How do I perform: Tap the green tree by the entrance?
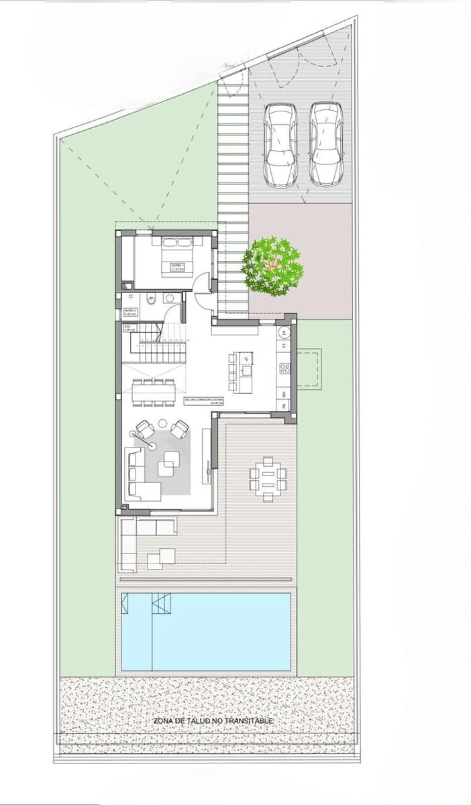(x=272, y=266)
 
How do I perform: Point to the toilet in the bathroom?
(x=152, y=300)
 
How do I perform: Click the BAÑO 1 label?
(x=130, y=311)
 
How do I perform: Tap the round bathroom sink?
(x=170, y=298)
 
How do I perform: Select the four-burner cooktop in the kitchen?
(x=284, y=368)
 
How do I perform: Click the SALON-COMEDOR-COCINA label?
(x=203, y=400)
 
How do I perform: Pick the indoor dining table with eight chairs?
(x=154, y=392)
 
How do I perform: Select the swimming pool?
(x=205, y=632)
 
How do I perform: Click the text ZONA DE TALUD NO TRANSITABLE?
(x=213, y=720)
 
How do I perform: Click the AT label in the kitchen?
(x=284, y=333)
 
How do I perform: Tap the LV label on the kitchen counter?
(x=284, y=346)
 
